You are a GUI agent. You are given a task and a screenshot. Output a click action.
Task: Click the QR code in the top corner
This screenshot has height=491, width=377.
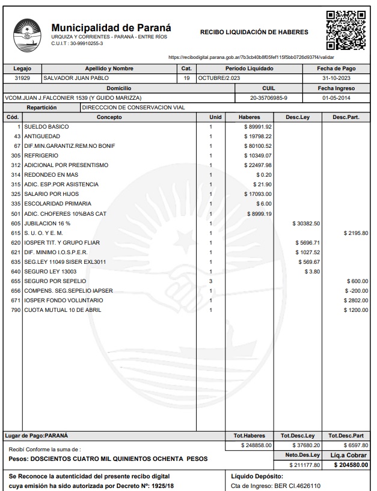click(x=345, y=30)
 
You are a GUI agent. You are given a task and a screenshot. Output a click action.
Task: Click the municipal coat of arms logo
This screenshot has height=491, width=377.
click(x=26, y=34)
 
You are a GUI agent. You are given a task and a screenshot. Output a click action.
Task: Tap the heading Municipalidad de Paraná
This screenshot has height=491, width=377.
click(x=111, y=28)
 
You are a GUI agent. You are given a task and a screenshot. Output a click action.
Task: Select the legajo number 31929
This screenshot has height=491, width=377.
click(x=22, y=78)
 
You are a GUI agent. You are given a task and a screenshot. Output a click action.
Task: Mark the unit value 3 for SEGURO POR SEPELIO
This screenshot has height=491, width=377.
click(x=211, y=281)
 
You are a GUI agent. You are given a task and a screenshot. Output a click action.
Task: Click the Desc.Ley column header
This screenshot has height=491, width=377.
click(x=298, y=117)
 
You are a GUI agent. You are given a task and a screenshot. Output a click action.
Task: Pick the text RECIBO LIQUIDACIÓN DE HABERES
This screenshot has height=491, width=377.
click(x=254, y=32)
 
